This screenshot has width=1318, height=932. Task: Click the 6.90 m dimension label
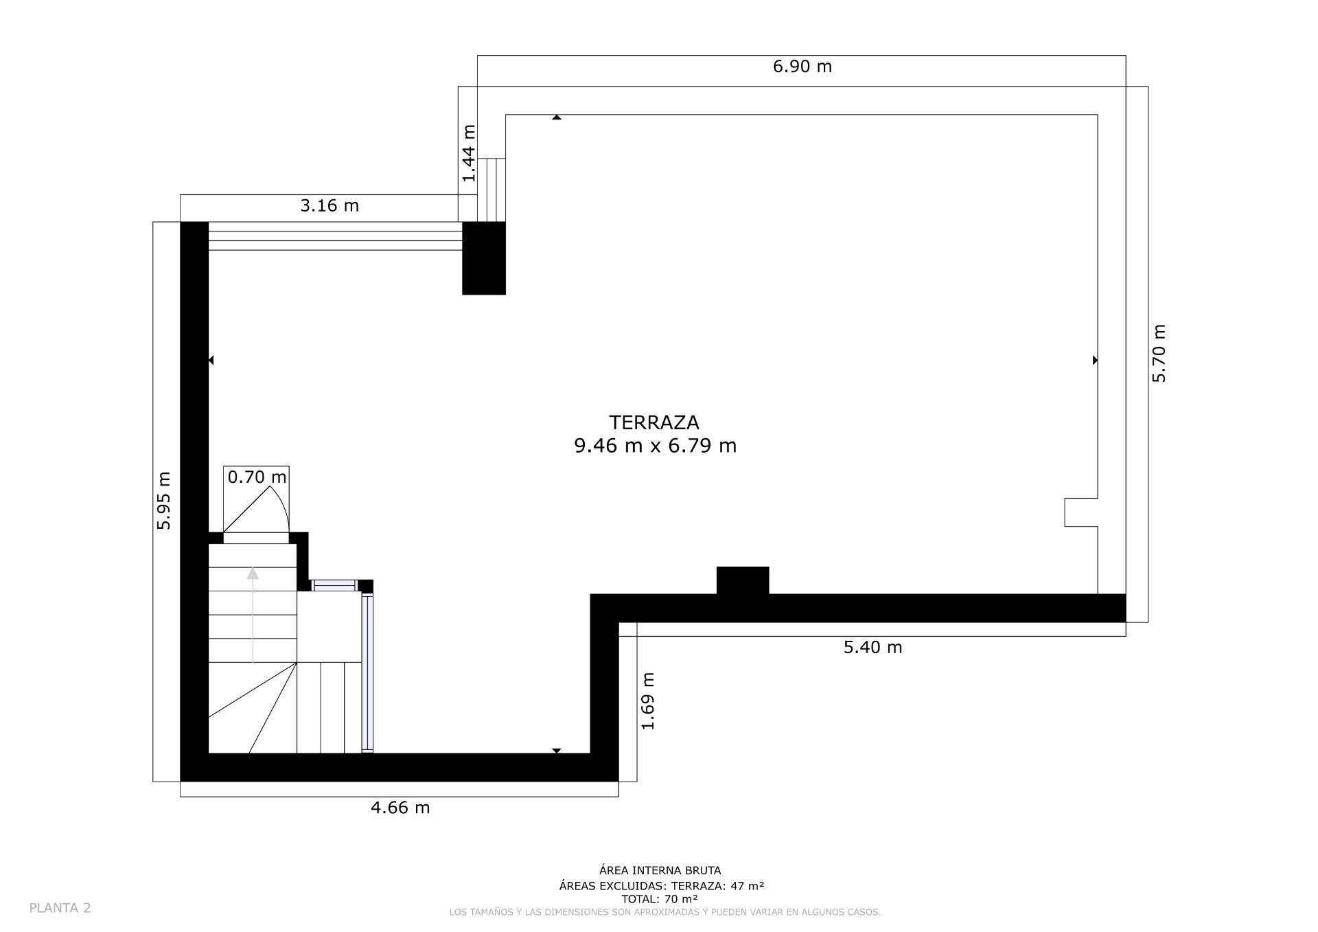click(802, 67)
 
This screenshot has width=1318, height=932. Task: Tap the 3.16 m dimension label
click(329, 205)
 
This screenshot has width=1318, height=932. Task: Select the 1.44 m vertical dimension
click(469, 153)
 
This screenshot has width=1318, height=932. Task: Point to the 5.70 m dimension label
click(1159, 353)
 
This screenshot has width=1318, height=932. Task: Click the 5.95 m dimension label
click(164, 501)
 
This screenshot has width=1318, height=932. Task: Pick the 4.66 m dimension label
click(400, 808)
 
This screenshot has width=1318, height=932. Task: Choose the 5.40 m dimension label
click(872, 647)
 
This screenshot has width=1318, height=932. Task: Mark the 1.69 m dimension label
click(648, 701)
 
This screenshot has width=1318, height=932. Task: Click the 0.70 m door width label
click(257, 477)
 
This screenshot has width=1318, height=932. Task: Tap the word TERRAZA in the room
click(654, 422)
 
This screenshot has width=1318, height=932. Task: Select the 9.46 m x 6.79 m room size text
click(655, 446)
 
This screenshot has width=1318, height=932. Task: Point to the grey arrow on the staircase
click(253, 611)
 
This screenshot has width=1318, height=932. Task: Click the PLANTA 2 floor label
click(60, 908)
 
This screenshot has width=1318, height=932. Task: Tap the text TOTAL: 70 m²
click(660, 899)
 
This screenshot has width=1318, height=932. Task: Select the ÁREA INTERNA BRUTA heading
click(660, 871)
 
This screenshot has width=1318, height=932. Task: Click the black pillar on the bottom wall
click(742, 581)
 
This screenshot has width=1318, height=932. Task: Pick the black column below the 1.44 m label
click(483, 258)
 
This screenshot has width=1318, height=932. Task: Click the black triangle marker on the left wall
click(211, 360)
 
